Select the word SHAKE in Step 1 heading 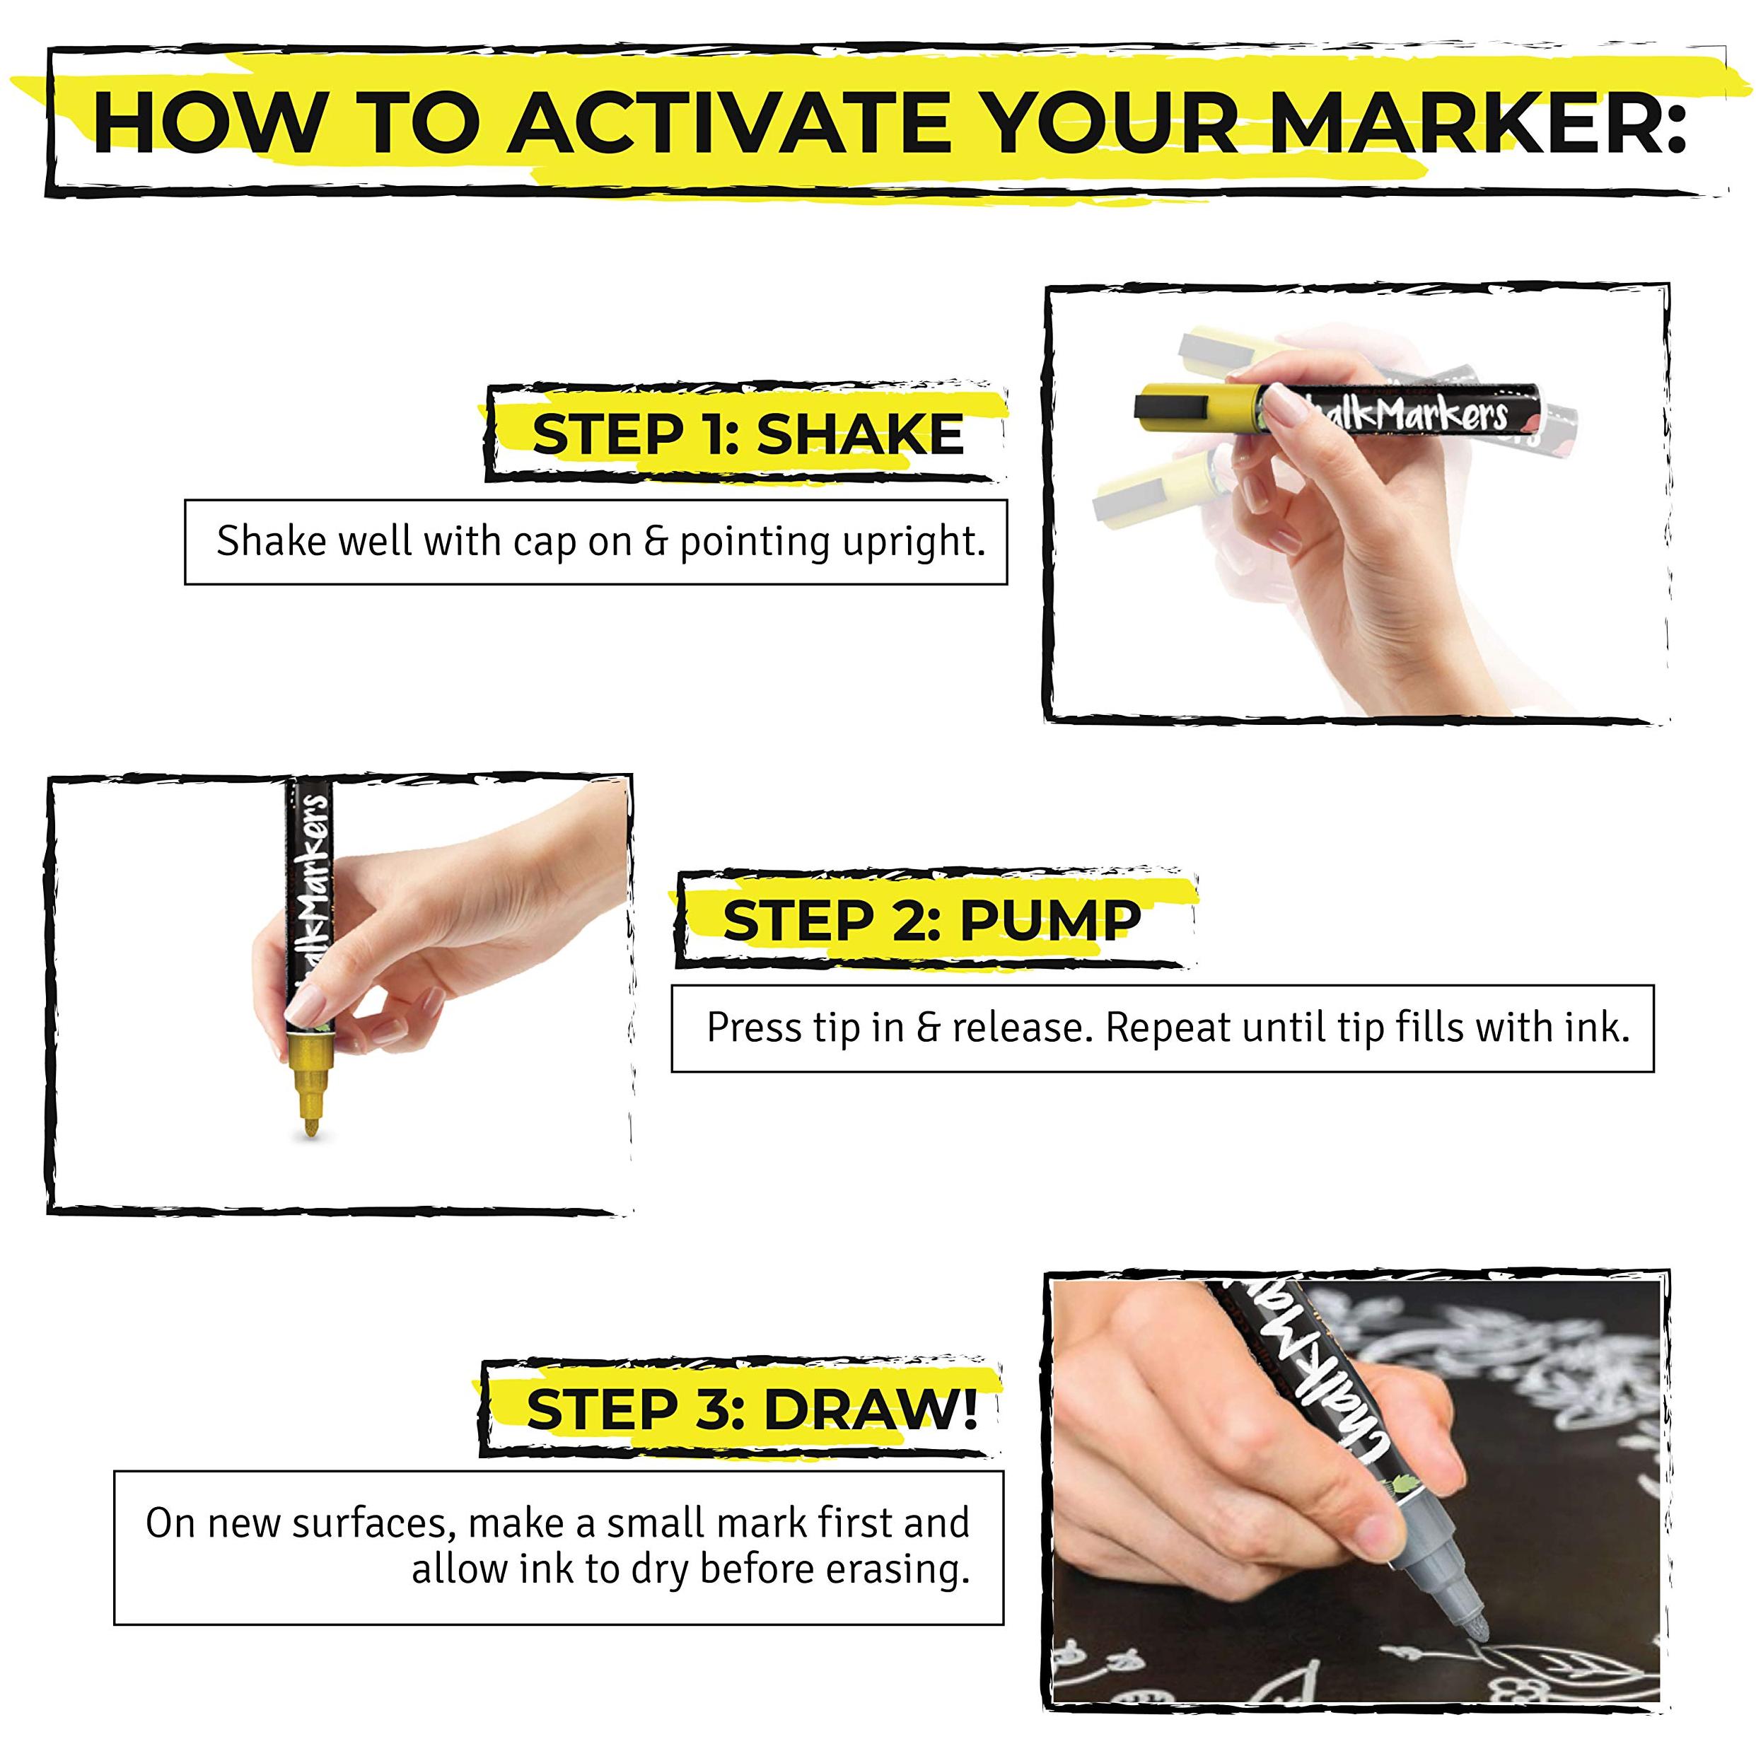pos(860,434)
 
